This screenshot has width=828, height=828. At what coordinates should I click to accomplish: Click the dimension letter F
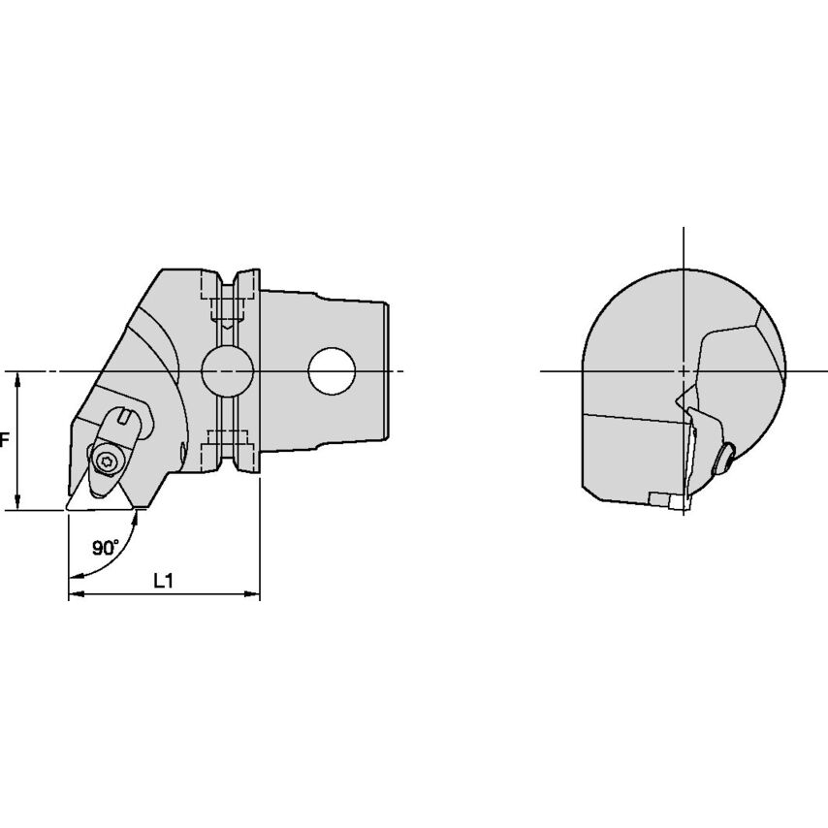(x=4, y=440)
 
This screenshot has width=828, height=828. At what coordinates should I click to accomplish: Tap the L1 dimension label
(x=164, y=582)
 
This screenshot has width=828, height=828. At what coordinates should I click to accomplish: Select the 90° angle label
(x=106, y=548)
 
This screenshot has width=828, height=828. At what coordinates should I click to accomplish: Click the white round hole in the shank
(x=331, y=371)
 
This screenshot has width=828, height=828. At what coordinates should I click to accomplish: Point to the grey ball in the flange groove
(x=228, y=371)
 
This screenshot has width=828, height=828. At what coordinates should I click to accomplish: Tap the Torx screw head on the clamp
(x=105, y=462)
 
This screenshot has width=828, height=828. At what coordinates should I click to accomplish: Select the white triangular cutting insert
(x=99, y=492)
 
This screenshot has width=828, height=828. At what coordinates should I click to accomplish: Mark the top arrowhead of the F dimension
(x=18, y=378)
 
